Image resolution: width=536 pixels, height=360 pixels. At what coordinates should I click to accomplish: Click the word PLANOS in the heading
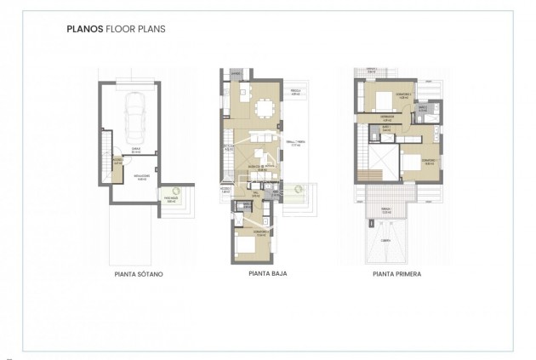83,28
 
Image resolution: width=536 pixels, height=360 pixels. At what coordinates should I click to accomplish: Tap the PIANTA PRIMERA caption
397,275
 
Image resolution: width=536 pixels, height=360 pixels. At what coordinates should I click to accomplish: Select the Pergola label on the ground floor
298,90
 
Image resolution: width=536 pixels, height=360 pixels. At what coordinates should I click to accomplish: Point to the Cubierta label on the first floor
385,241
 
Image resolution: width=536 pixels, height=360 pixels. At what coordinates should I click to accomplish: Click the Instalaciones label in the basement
132,179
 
